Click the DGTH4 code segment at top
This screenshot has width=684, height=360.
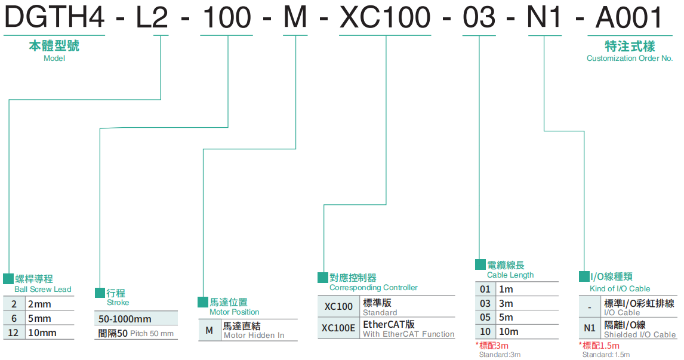54,18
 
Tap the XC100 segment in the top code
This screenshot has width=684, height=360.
384,18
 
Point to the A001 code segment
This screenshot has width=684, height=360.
629,18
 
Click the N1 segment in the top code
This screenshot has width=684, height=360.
544,18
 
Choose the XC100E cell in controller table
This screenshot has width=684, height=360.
338,328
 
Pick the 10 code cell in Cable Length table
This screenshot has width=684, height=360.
485,332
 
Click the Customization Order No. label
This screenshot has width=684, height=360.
629,59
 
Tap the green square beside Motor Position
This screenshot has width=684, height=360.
203,302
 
